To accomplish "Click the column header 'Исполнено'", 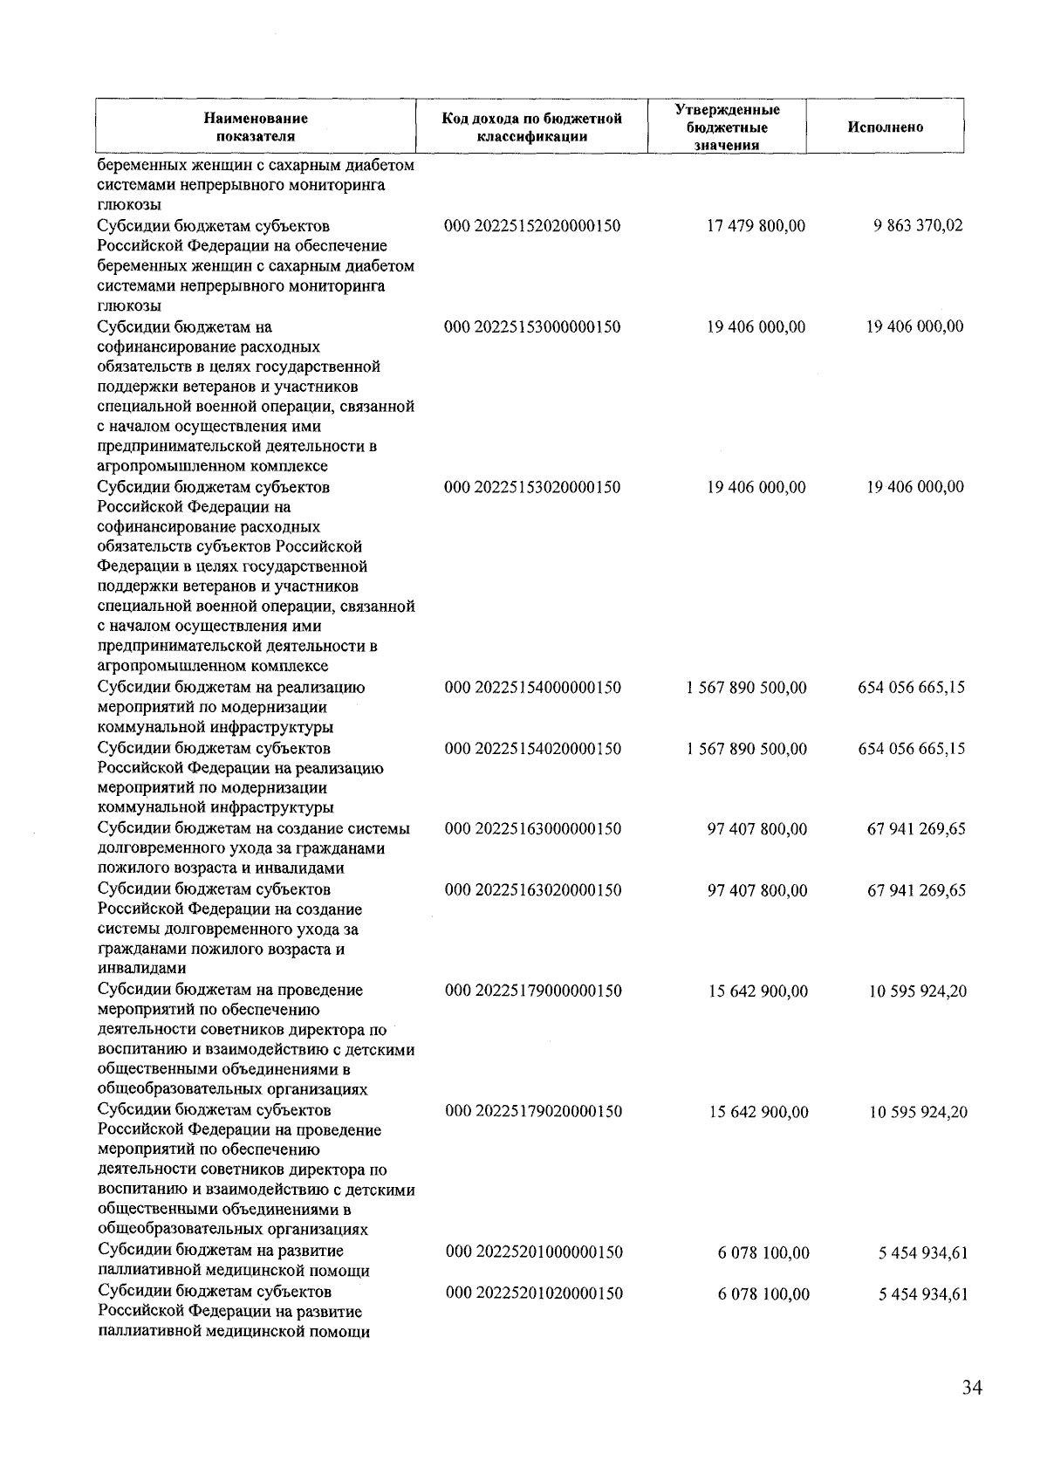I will (885, 127).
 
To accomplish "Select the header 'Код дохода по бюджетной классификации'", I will (531, 127).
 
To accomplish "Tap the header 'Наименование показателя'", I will (255, 127).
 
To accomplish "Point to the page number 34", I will (972, 1389).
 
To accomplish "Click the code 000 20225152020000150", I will (532, 226).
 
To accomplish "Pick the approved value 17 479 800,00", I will (756, 226).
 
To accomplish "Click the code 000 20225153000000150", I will (532, 327).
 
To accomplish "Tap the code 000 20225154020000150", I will (533, 749).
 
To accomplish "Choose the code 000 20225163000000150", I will (533, 829).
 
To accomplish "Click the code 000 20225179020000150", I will (534, 1112).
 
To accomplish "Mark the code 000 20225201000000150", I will (534, 1252).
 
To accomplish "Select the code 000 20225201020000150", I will (534, 1293).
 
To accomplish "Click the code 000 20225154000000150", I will (533, 688).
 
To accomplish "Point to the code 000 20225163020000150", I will (533, 890).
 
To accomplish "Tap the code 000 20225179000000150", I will (533, 991).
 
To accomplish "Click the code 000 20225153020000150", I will (532, 487).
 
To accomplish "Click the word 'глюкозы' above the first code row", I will (128, 206).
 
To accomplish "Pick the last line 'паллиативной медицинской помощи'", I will (233, 1332).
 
